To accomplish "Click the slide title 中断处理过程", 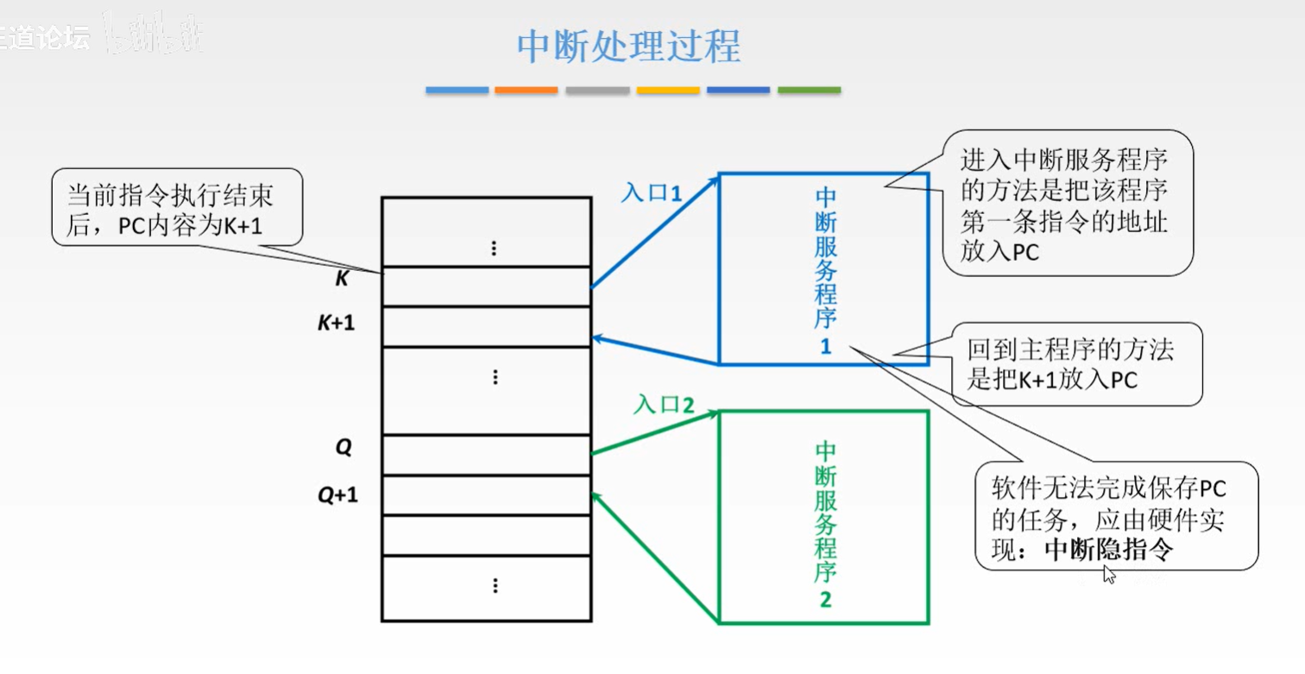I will click(628, 47).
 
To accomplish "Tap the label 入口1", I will click(652, 192).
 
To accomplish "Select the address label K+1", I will click(337, 323).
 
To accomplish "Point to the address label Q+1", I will click(337, 495).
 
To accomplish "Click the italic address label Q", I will click(344, 447).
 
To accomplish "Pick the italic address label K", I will click(342, 280).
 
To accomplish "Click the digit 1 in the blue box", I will click(825, 346).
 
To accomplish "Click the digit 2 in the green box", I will click(825, 600).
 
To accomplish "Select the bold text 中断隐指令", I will click(1108, 550).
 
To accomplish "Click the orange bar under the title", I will click(526, 90).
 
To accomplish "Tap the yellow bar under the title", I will click(668, 90).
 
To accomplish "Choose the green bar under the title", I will click(809, 90).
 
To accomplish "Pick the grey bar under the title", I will click(597, 90).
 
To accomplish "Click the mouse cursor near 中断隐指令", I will click(1109, 574).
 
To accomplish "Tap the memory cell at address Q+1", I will click(487, 494).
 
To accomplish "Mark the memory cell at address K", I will click(487, 286).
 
